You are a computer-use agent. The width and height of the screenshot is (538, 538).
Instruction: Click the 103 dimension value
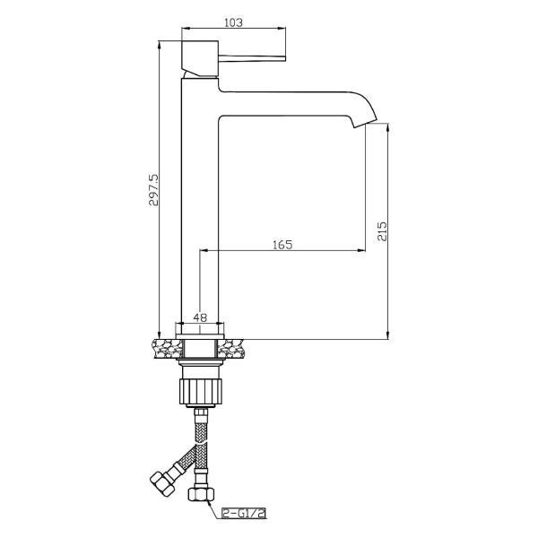[233, 22]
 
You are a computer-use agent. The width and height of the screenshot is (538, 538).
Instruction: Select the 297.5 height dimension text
[153, 190]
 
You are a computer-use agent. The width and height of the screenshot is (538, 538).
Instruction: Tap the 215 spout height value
[382, 231]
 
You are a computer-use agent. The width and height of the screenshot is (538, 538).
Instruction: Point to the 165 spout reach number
[282, 245]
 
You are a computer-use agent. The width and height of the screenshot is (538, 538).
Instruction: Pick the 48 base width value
[200, 317]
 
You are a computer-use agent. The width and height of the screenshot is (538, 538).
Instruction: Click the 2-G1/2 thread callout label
[244, 513]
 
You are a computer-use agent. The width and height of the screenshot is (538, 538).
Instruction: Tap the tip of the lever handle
[285, 58]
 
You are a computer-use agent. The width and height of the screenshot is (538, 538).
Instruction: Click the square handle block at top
[200, 58]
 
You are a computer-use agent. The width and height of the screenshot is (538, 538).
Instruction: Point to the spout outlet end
[366, 123]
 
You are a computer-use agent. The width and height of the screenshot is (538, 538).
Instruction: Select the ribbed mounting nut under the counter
[200, 391]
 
